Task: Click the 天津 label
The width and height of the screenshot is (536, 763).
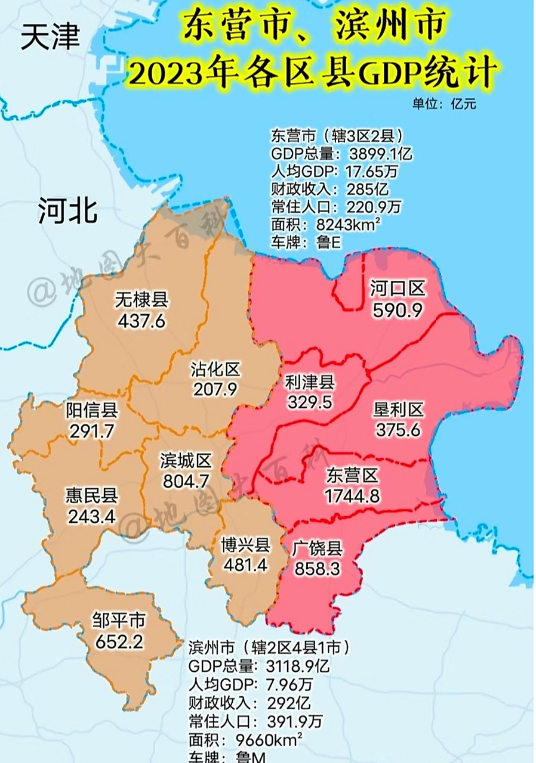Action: point(50,38)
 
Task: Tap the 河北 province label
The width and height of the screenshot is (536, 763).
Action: point(67,211)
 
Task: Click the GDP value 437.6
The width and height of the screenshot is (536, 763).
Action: point(141,321)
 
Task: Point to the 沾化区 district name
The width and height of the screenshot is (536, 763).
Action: point(215,370)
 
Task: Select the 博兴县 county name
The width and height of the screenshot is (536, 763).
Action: point(245,545)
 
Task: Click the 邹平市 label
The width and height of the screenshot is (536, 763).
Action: point(119,621)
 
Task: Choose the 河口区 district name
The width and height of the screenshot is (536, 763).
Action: point(397,289)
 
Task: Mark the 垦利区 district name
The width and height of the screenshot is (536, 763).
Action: point(398,410)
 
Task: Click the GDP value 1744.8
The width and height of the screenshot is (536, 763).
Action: point(352,495)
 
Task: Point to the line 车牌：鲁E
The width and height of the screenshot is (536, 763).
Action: point(307,243)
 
